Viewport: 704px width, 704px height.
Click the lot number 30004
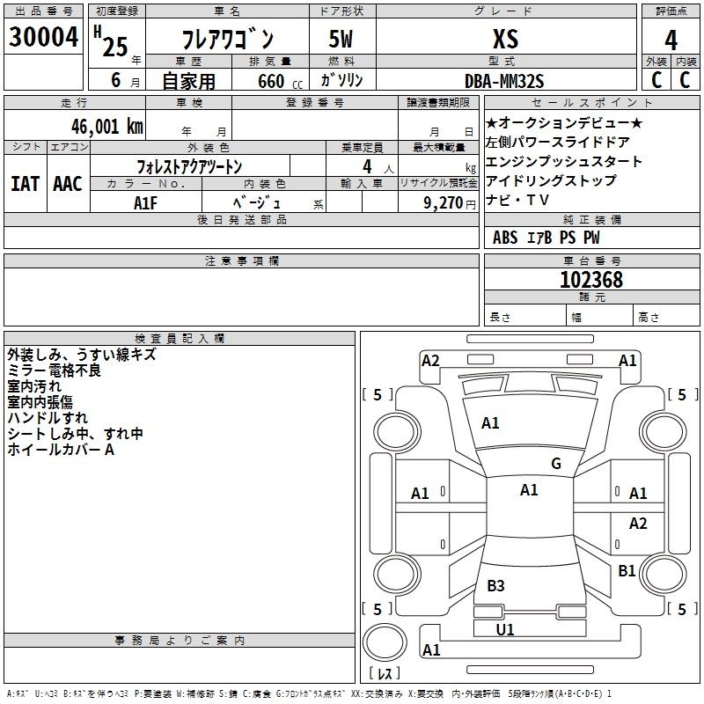point(43,37)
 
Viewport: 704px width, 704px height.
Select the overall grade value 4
point(671,40)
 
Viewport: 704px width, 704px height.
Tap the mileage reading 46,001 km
point(106,127)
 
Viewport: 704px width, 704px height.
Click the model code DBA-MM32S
point(504,81)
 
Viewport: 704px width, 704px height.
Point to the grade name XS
point(505,39)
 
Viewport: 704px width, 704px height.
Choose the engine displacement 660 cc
point(280,82)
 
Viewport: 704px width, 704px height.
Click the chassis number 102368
point(591,280)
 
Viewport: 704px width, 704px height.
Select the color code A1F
point(145,203)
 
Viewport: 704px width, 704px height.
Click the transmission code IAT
point(26,184)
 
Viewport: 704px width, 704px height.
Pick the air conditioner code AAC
point(68,184)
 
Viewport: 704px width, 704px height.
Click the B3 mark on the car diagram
point(495,585)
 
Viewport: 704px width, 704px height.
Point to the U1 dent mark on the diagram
point(505,629)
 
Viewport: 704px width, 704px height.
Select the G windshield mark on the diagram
point(556,464)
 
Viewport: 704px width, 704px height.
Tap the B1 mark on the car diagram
point(627,570)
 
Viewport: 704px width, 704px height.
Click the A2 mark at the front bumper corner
point(430,361)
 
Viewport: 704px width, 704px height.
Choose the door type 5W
point(341,39)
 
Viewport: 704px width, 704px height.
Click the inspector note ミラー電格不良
point(54,370)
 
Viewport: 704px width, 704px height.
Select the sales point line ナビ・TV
point(517,200)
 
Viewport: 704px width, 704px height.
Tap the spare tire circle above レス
point(385,642)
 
